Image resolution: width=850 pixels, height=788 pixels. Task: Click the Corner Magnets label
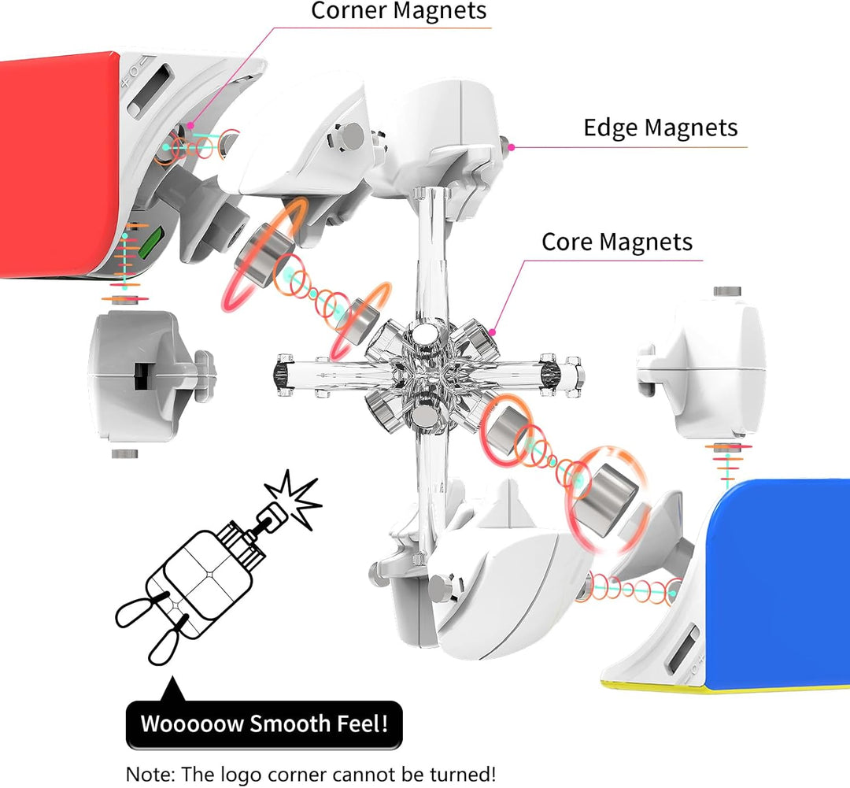coord(399,11)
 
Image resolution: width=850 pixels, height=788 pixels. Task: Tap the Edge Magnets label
coord(660,128)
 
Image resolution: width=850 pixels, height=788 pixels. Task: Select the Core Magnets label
coord(617,242)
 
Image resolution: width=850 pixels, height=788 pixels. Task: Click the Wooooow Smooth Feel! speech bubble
coord(264,723)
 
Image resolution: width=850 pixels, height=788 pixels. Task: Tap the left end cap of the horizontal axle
coord(281,370)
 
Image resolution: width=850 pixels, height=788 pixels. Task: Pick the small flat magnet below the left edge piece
coord(124,454)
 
